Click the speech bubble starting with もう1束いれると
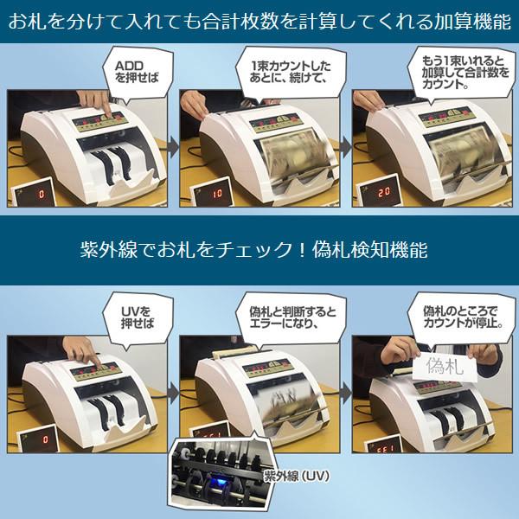tap(458, 74)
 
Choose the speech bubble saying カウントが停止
tap(458, 317)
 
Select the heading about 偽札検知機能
tap(259, 250)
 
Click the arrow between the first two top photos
tap(171, 149)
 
